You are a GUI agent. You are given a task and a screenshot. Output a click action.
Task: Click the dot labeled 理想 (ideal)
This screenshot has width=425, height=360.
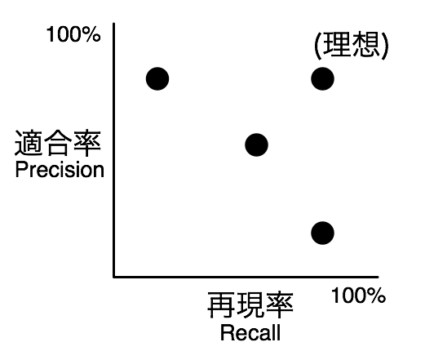click(322, 78)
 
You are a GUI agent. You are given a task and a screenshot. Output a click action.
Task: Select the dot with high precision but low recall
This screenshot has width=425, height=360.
click(157, 78)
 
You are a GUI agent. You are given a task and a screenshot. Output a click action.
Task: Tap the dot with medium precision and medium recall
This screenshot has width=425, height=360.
click(256, 145)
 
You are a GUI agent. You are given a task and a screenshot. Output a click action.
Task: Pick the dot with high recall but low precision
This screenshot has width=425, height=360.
click(322, 233)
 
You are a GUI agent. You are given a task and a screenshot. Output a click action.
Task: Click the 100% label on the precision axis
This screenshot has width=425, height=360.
click(73, 34)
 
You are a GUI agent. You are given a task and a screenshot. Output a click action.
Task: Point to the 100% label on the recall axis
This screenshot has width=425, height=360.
click(358, 296)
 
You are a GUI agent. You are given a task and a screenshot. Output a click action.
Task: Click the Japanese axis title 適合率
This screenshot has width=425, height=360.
click(58, 143)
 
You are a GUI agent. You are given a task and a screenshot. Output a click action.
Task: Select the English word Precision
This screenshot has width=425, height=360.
click(60, 170)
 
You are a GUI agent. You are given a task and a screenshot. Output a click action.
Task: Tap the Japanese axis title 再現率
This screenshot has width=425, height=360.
click(250, 305)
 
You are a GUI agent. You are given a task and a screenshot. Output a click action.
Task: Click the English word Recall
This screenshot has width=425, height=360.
click(250, 332)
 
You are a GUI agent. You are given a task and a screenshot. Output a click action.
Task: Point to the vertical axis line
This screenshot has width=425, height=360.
click(113, 150)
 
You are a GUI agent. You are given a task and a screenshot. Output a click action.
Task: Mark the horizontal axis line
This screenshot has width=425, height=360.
click(246, 277)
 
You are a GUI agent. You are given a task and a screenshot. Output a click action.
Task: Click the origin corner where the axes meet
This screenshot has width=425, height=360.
click(113, 277)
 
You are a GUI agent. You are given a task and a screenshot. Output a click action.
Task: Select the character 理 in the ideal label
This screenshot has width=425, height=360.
click(336, 44)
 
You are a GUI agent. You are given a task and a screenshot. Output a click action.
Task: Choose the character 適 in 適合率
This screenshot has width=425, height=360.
click(29, 143)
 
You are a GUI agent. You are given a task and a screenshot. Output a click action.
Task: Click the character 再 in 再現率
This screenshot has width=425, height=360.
click(221, 305)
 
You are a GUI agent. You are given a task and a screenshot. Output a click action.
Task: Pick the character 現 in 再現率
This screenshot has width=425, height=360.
click(250, 305)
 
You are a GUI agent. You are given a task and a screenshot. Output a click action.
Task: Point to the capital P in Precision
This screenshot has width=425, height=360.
click(20, 170)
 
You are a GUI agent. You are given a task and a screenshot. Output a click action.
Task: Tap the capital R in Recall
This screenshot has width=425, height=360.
click(226, 332)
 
